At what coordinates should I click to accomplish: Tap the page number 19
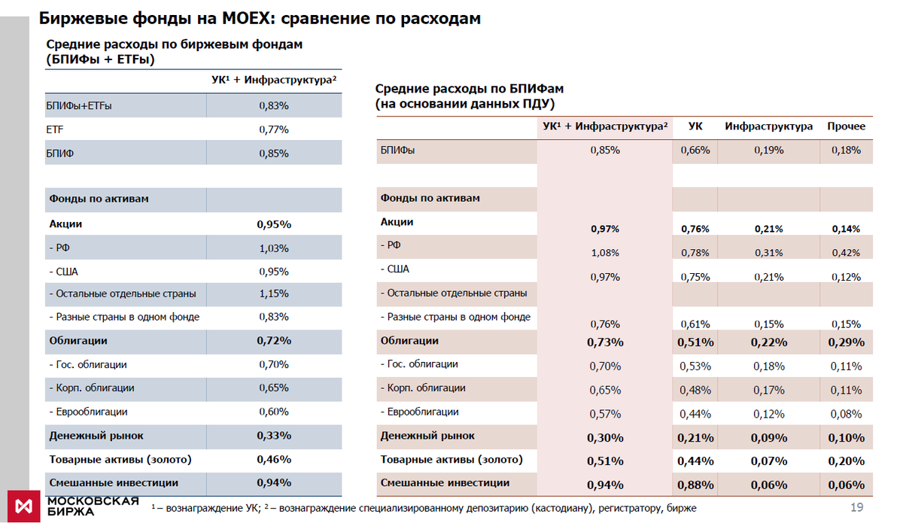856,507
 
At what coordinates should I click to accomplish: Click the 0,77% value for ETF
274,129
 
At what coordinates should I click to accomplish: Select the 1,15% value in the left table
274,293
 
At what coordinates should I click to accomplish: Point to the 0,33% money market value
274,436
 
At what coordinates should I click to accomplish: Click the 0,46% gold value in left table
274,459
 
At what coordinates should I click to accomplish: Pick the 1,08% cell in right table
605,253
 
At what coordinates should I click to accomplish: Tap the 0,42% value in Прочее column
847,253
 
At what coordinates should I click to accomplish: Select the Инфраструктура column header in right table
769,126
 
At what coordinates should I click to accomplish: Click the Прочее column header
847,126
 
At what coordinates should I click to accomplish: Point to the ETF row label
55,129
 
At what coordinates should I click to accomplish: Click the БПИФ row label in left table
59,154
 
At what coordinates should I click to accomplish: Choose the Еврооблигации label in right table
421,412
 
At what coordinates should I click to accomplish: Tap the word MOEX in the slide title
244,18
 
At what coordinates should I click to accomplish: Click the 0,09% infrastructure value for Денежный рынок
769,438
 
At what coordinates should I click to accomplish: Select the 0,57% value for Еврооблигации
605,414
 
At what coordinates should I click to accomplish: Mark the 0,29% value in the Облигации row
847,342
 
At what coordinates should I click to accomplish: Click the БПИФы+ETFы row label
79,106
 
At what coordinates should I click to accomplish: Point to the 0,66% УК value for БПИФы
695,150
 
